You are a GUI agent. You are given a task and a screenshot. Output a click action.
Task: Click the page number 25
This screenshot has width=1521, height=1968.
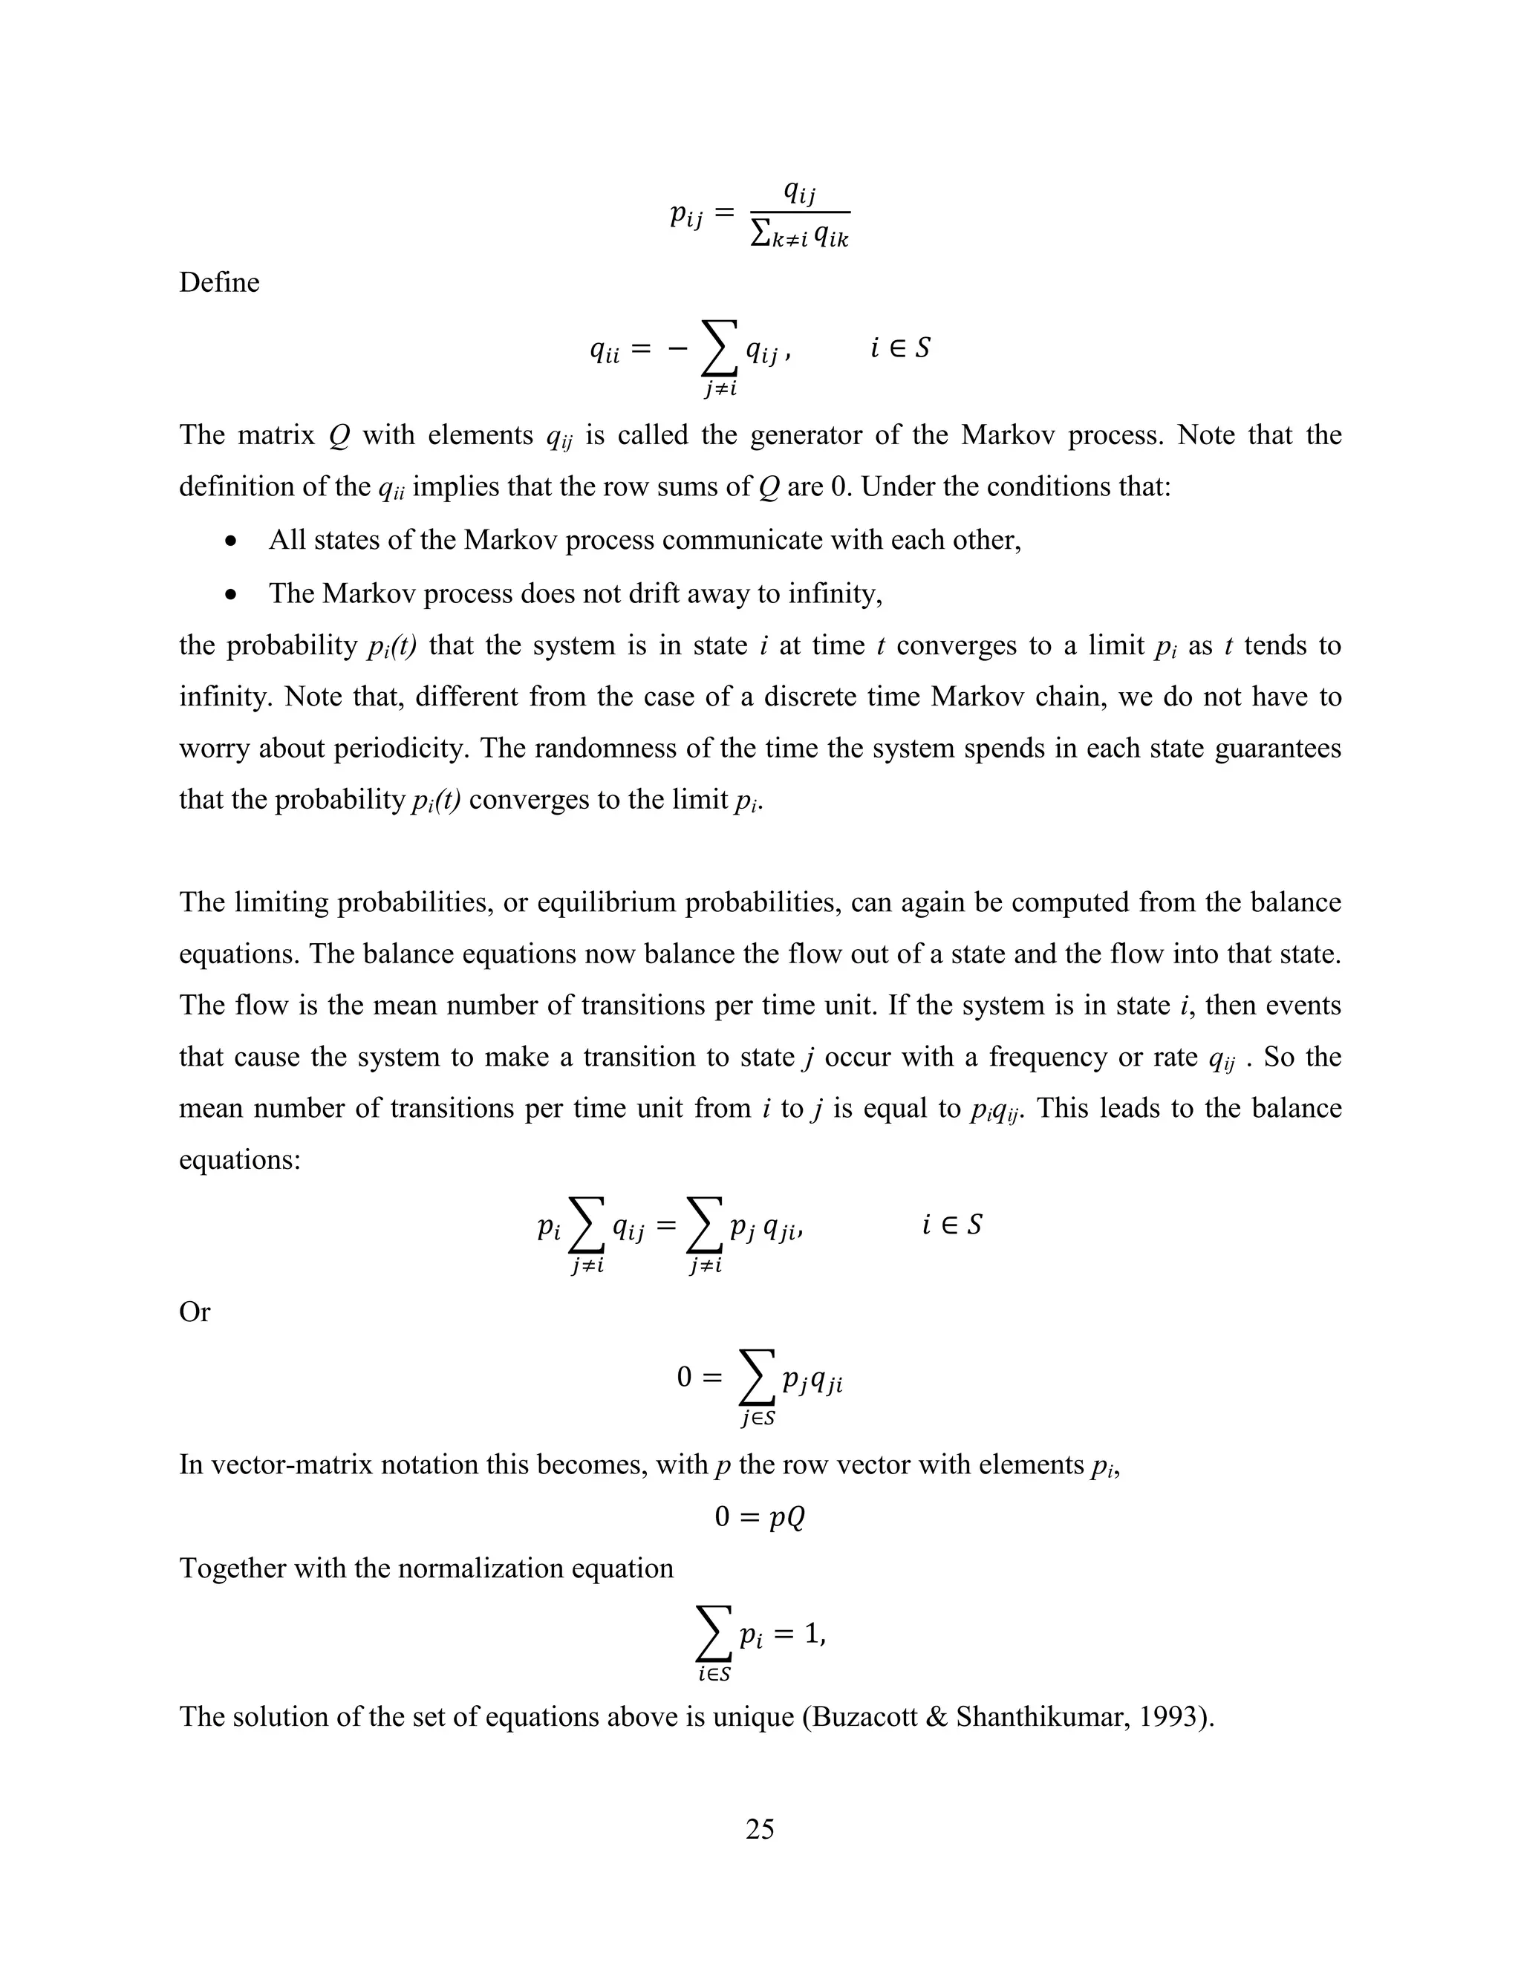coord(760,1828)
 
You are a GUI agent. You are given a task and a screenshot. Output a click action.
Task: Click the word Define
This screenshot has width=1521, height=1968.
coord(219,282)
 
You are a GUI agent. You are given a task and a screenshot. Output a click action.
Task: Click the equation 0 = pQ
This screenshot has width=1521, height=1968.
coord(760,1516)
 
